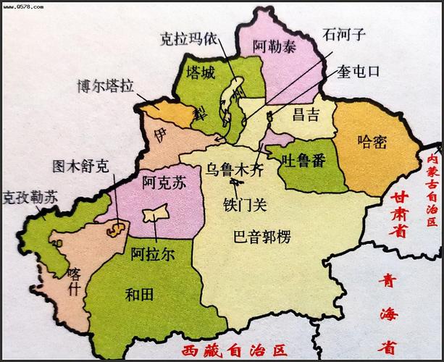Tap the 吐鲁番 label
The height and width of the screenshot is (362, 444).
[x=304, y=159]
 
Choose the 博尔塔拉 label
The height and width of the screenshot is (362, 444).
[x=106, y=87]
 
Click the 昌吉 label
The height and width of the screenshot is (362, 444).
[x=306, y=114]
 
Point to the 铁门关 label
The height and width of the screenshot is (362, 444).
[x=244, y=204]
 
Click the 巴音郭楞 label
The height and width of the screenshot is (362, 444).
[x=262, y=235]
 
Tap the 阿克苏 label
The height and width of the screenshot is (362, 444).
[x=164, y=183]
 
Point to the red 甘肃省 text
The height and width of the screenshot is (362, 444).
[x=397, y=214]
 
